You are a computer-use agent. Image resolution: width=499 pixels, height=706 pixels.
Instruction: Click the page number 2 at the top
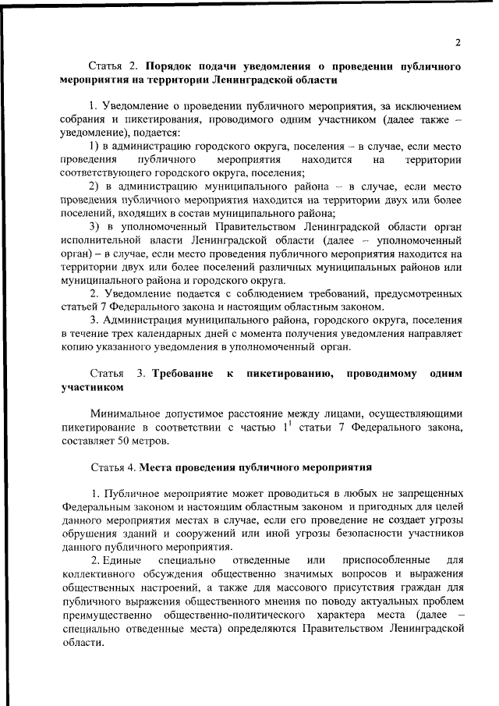[458, 42]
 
